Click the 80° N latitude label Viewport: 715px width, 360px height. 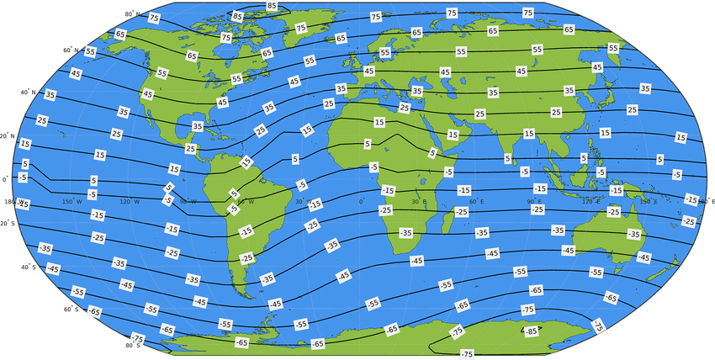(x=130, y=14)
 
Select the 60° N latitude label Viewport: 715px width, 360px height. (x=70, y=50)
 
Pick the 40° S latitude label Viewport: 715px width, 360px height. (x=29, y=266)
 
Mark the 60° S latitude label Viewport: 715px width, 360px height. (x=71, y=309)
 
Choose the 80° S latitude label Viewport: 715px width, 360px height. (x=131, y=344)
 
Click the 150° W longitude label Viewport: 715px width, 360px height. (x=73, y=201)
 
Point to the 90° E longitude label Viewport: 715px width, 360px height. (x=534, y=201)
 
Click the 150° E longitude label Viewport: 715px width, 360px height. (x=649, y=201)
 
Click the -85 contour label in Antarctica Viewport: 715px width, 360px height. (x=530, y=331)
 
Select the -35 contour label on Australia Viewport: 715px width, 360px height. (x=633, y=234)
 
